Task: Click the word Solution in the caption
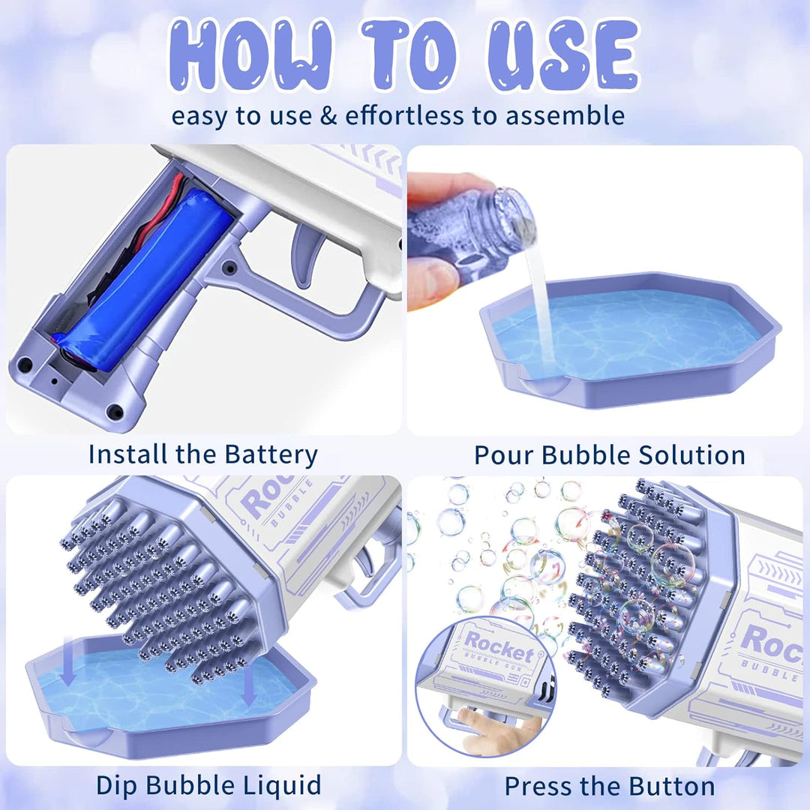[x=692, y=455]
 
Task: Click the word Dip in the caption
[x=115, y=785]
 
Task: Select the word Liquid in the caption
[x=282, y=785]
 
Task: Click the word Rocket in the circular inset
[x=499, y=646]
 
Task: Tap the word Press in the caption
[x=538, y=786]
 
